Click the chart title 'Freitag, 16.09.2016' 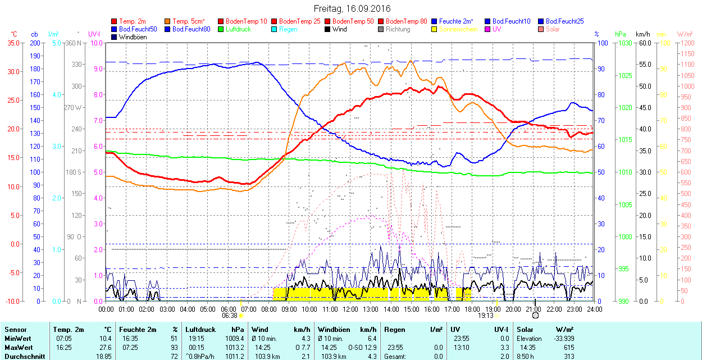tap(351, 8)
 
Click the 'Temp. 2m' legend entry tap(132, 21)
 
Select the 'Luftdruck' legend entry tap(239, 29)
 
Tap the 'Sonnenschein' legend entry tap(458, 29)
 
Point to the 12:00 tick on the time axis tap(350, 308)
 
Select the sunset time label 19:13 tap(486, 316)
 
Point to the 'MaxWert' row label tap(18, 347)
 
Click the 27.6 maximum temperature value tap(106, 347)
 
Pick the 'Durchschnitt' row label tap(22, 356)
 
